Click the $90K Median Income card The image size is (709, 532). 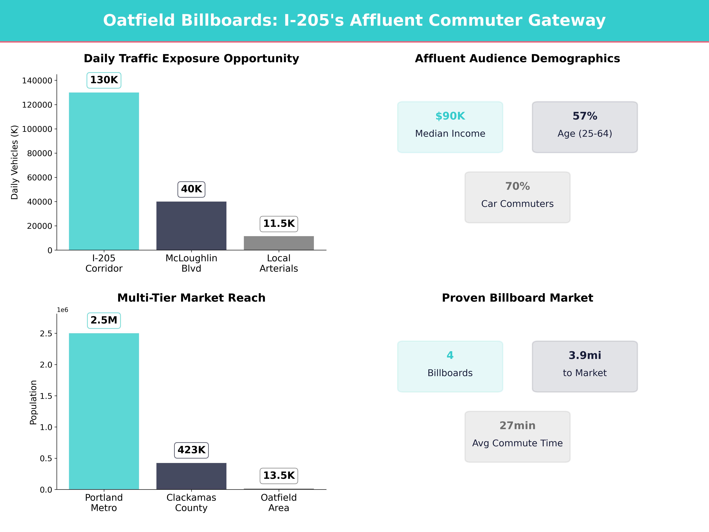450,127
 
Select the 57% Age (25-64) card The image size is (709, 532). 585,127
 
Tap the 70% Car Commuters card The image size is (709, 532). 517,197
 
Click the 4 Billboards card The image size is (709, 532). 450,366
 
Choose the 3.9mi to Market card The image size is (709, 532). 585,366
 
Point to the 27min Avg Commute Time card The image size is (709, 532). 517,436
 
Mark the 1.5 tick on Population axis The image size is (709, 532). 46,396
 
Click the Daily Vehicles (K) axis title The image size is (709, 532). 14,162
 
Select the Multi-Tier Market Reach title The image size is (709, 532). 191,298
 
